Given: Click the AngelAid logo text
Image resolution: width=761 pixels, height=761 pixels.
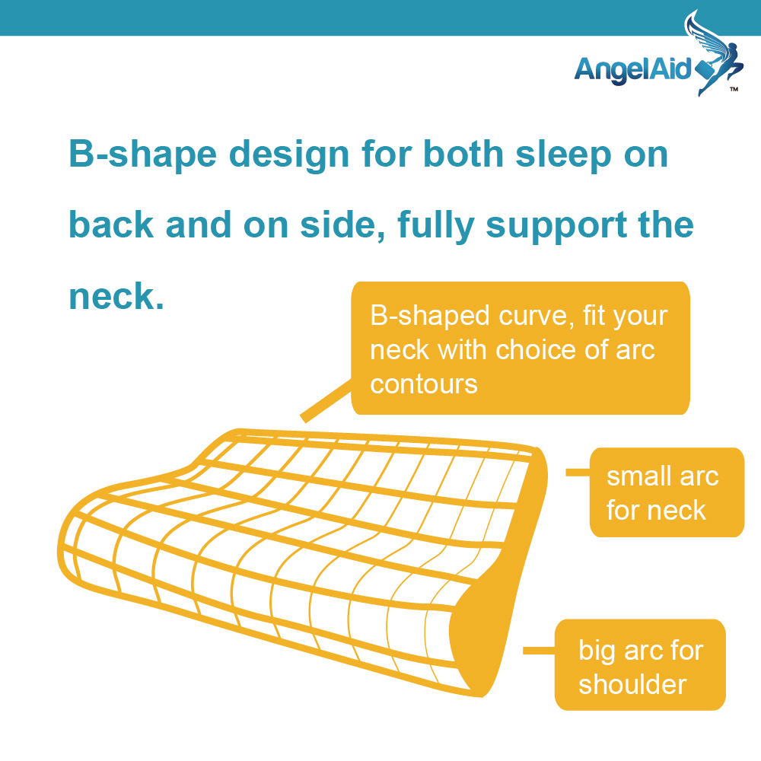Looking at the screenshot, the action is pos(632,70).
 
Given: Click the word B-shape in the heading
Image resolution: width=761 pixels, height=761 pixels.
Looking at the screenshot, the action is pos(143,154).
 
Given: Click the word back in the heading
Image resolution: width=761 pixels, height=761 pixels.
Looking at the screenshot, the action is pos(111,224).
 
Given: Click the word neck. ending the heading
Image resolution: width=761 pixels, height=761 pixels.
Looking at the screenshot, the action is pos(116,297).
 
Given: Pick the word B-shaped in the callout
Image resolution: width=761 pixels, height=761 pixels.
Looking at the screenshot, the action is pos(430,317).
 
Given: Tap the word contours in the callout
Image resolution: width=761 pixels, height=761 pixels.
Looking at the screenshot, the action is pos(424,384).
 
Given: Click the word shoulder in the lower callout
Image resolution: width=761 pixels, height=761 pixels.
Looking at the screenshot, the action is pos(632,684).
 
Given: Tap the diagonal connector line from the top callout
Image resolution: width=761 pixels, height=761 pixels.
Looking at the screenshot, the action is pos(326,400).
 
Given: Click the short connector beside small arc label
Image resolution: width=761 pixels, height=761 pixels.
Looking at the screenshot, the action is pos(578,473).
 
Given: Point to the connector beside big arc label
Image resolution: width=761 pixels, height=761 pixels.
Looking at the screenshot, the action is pos(539,651).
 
